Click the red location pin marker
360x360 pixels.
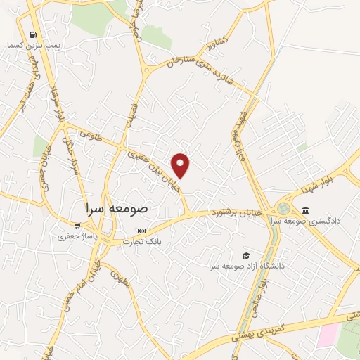181,165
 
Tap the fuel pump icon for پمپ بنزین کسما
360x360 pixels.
32,34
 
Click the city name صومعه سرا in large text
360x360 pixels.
115,209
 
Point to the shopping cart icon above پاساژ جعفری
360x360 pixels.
77,226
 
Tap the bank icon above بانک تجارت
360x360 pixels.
142,231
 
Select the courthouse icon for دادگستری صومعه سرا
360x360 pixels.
305,210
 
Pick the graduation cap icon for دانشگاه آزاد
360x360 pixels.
245,255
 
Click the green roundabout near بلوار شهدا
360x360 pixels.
283,209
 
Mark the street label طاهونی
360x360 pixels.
91,134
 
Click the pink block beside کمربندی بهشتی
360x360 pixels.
327,335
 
